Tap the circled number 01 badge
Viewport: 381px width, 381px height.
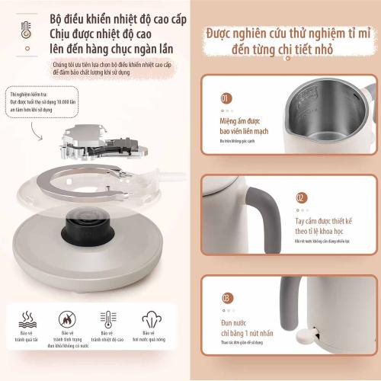(226, 98)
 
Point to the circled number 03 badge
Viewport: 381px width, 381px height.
(226, 297)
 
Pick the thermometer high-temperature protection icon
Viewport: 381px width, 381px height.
(108, 320)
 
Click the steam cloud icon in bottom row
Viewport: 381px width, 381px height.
(149, 320)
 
